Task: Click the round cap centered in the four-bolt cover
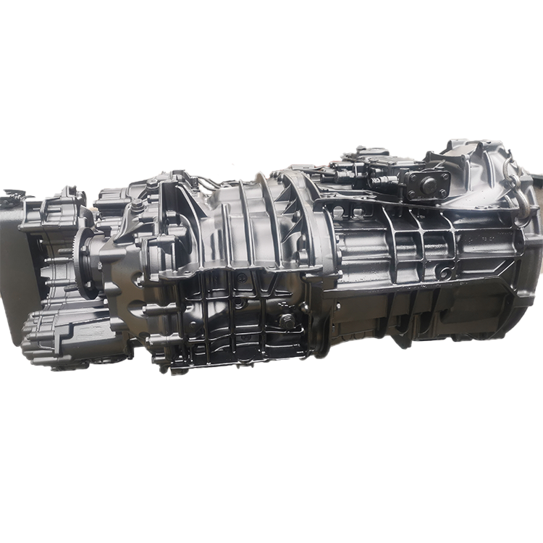point(429,184)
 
